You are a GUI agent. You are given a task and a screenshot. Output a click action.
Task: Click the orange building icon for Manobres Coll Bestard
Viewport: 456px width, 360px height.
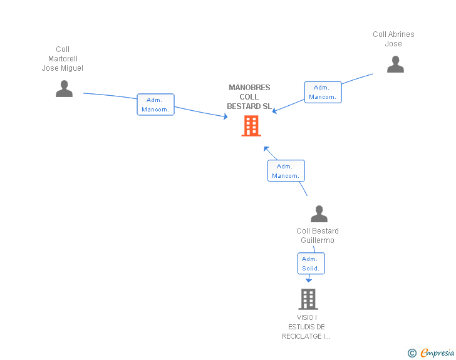pyautogui.click(x=251, y=126)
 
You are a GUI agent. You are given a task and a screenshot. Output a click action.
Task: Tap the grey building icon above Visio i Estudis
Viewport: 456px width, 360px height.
pyautogui.click(x=308, y=299)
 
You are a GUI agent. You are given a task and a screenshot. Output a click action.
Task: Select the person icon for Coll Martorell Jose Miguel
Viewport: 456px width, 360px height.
pyautogui.click(x=64, y=89)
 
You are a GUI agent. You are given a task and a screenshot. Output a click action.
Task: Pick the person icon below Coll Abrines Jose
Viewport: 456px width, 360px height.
pyautogui.click(x=395, y=64)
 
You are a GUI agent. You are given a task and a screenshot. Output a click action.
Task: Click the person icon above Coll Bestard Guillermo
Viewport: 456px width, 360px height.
pyautogui.click(x=319, y=213)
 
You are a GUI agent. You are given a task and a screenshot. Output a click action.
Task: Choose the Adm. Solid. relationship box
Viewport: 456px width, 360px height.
pyautogui.click(x=311, y=264)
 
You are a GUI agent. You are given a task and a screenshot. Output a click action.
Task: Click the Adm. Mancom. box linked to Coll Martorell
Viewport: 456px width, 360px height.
pyautogui.click(x=155, y=105)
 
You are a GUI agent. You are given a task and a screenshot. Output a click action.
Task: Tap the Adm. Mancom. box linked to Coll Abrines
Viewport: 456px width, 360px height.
pyautogui.click(x=323, y=92)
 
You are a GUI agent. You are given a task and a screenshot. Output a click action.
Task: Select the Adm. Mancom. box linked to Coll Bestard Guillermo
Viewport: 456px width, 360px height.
pyautogui.click(x=286, y=171)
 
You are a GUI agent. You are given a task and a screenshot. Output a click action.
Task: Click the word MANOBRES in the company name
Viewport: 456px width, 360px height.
pyautogui.click(x=249, y=88)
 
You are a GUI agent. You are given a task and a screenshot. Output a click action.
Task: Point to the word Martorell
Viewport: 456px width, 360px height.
pyautogui.click(x=63, y=59)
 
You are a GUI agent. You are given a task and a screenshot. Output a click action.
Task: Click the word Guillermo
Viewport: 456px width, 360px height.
pyautogui.click(x=318, y=240)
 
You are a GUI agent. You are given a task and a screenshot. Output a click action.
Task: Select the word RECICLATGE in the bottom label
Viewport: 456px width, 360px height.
pyautogui.click(x=302, y=336)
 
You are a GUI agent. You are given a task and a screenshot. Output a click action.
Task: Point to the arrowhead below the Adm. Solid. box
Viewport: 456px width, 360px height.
pyautogui.click(x=309, y=280)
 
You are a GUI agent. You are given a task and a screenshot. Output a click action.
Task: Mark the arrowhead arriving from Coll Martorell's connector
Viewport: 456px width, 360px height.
pyautogui.click(x=225, y=116)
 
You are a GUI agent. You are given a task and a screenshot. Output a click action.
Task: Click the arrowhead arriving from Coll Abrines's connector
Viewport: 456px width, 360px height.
pyautogui.click(x=274, y=111)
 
